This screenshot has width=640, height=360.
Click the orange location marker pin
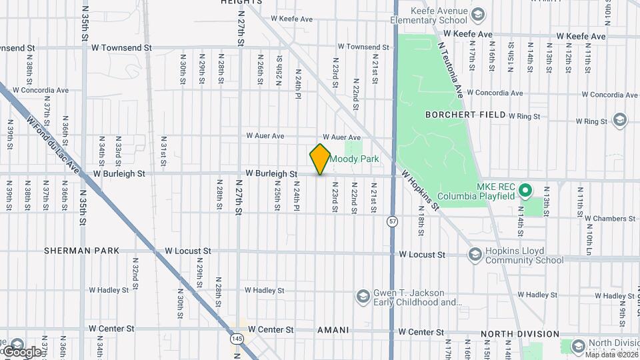pyautogui.click(x=321, y=159)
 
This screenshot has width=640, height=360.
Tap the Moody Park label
pyautogui.click(x=355, y=159)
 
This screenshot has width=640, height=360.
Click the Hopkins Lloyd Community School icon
pyautogui.click(x=475, y=254)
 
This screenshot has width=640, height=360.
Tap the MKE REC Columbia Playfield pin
pyautogui.click(x=525, y=191)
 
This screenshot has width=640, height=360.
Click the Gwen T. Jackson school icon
pyautogui.click(x=363, y=295)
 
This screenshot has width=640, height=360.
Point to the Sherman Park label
pyautogui.click(x=82, y=251)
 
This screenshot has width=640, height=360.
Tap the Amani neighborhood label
pyautogui.click(x=333, y=330)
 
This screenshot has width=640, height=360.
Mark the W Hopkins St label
pyautogui.click(x=421, y=190)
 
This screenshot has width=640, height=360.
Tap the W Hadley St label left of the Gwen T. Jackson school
pyautogui.click(x=264, y=291)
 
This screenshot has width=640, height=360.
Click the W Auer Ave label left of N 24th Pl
pyautogui.click(x=265, y=136)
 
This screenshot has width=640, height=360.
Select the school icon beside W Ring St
pyautogui.click(x=620, y=120)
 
